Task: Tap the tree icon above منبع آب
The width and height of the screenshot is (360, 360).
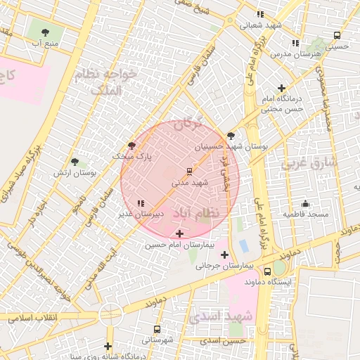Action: (x=46, y=32)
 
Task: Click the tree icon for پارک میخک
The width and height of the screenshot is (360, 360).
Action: (x=131, y=145)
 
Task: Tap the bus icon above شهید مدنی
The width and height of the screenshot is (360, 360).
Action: (x=189, y=171)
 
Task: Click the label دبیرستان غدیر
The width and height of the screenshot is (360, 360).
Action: (x=159, y=212)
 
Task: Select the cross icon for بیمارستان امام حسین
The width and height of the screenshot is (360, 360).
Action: (x=180, y=233)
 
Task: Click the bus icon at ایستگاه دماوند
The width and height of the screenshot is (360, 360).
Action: (x=267, y=271)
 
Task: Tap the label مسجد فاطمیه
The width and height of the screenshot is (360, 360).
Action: (x=306, y=212)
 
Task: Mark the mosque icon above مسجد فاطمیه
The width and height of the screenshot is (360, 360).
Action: (x=304, y=202)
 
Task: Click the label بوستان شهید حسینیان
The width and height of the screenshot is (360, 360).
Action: (x=221, y=146)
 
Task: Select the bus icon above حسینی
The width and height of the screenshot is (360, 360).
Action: (x=337, y=35)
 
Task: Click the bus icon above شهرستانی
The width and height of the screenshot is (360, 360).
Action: (x=156, y=328)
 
